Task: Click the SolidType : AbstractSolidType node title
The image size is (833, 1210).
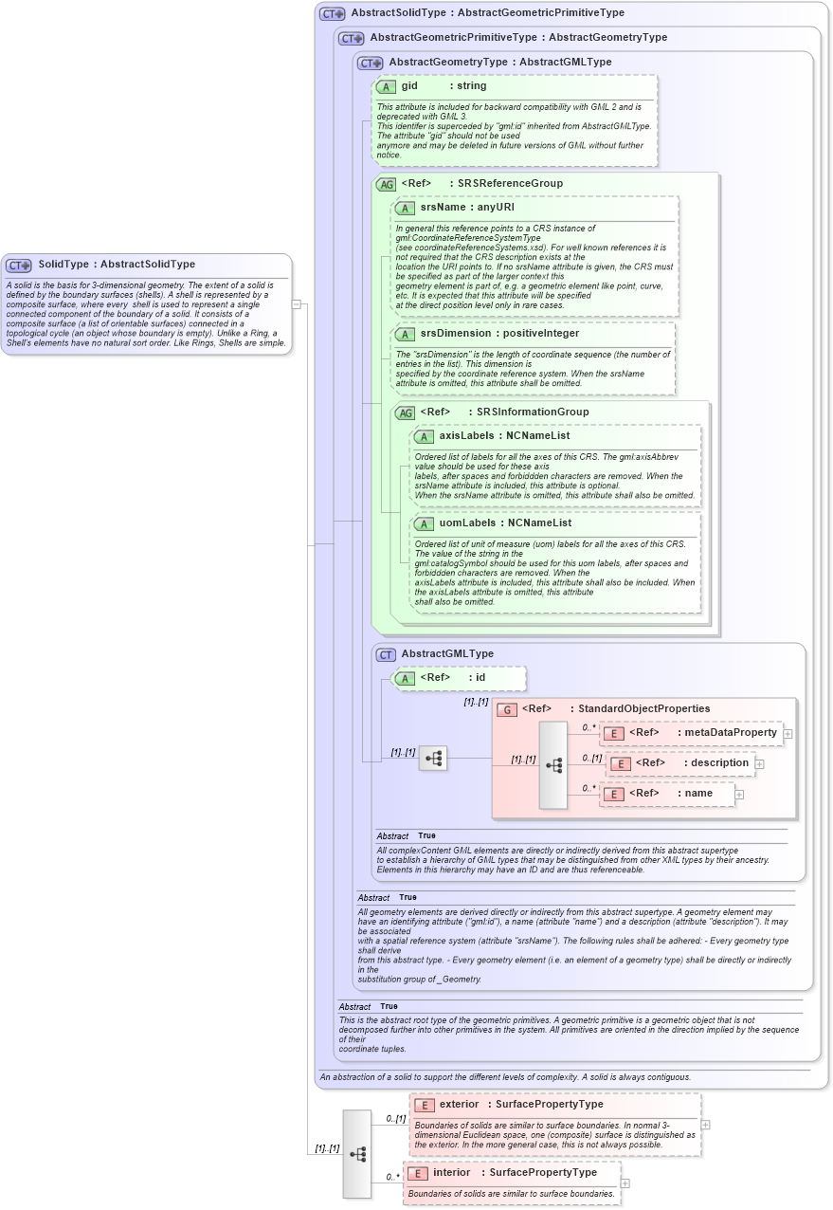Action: (116, 265)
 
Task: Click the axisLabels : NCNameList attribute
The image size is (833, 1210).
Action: (504, 436)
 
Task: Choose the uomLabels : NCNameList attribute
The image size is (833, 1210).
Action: (505, 523)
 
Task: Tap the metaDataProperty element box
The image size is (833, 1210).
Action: (692, 733)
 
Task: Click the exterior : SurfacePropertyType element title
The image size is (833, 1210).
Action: (520, 1105)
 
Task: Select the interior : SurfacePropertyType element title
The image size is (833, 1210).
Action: (515, 1173)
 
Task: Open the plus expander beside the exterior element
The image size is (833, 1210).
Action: (705, 1125)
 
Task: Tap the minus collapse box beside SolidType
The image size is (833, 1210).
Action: (297, 304)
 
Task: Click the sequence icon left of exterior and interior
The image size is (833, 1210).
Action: (357, 1153)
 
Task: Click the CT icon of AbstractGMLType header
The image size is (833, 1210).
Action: (386, 654)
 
